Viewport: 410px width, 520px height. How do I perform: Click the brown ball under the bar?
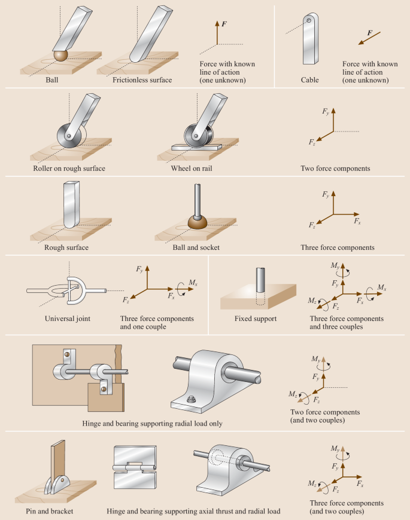pos(61,56)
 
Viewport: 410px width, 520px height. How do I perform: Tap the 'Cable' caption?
pos(309,80)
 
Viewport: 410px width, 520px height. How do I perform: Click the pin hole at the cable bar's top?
pos(309,20)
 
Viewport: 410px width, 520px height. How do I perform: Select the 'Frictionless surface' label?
pos(142,80)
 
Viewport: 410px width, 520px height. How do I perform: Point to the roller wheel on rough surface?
pos(69,136)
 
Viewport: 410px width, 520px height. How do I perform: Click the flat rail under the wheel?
pos(196,147)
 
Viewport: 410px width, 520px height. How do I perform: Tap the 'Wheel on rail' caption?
pos(192,169)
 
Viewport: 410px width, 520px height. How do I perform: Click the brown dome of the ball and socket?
pos(198,222)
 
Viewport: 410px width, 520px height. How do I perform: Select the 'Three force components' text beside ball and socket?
pos(338,247)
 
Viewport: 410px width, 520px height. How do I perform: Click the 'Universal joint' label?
pos(68,319)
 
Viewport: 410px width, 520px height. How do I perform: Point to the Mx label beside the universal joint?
pos(193,283)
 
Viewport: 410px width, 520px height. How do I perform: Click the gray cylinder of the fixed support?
pos(260,280)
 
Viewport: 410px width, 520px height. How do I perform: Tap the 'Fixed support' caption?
pos(256,319)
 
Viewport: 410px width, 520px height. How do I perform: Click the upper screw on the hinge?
pos(66,354)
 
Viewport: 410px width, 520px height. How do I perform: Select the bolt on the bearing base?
pos(190,399)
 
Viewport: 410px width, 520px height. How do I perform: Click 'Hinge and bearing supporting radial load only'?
pos(153,424)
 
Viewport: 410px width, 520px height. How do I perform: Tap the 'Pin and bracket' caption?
pos(50,511)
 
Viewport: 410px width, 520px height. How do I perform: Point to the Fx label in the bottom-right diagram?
pos(360,484)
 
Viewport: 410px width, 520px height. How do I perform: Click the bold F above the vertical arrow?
pos(224,24)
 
